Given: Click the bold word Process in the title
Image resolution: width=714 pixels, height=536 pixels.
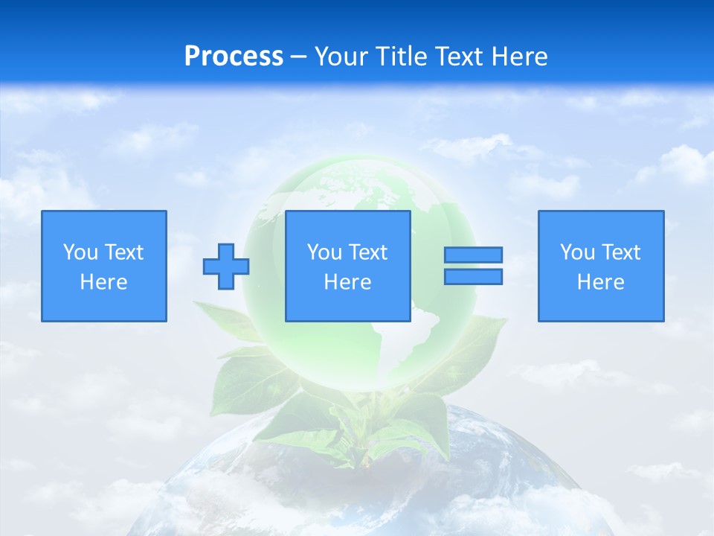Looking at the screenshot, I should (x=234, y=57).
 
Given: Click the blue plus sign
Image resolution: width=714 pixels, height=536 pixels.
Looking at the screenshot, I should (x=226, y=267).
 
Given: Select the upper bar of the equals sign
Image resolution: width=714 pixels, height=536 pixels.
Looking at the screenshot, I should (x=473, y=255).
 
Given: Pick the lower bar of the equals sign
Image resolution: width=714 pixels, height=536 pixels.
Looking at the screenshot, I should (x=473, y=277).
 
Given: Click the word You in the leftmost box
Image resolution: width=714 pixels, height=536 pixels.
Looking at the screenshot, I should (x=80, y=252).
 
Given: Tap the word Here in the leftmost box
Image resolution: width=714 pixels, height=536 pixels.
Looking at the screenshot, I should (x=103, y=282).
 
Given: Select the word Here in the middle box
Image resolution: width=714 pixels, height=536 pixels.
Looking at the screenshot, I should (x=347, y=282).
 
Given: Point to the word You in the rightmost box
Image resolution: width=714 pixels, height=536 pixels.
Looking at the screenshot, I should (x=577, y=252).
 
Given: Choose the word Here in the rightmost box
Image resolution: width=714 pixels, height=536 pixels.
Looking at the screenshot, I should (x=600, y=282).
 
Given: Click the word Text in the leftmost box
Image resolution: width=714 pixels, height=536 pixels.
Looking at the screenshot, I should (x=123, y=252).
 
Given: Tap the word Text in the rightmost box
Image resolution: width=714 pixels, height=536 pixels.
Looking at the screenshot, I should (x=620, y=252).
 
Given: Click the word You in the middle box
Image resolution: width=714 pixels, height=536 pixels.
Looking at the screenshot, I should (x=324, y=252).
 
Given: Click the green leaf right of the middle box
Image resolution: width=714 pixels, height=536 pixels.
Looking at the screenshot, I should (x=469, y=350).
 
